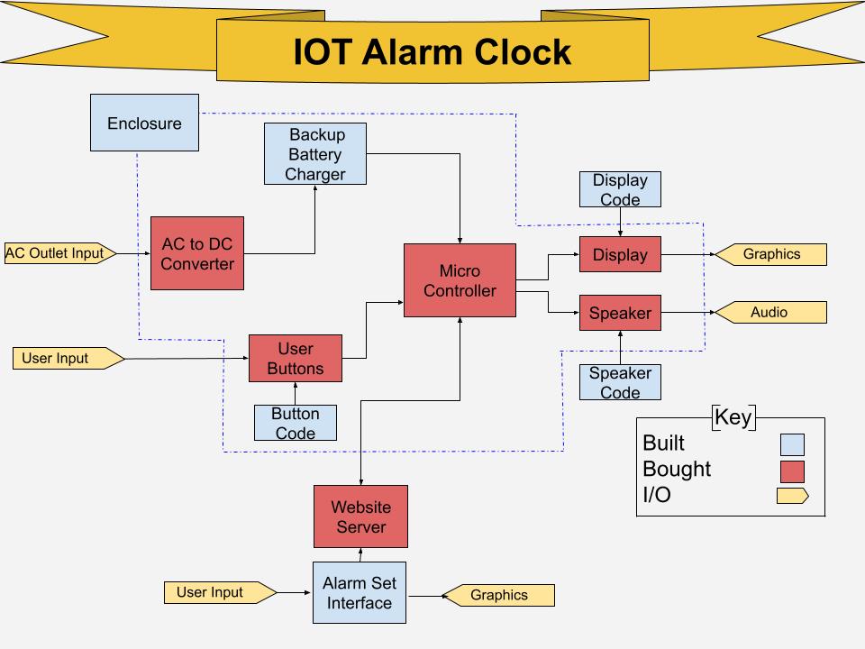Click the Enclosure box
[x=144, y=123]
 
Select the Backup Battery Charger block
[x=315, y=153]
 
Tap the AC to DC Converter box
[x=197, y=253]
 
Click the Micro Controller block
[x=460, y=280]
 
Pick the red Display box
[x=620, y=254]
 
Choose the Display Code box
[x=620, y=189]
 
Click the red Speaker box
[x=620, y=313]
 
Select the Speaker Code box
[x=620, y=382]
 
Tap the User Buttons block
[x=296, y=358]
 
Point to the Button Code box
[x=296, y=423]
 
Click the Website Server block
[x=360, y=516]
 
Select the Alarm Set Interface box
[x=360, y=593]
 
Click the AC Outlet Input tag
[x=60, y=253]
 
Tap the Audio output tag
[x=770, y=313]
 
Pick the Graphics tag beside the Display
[x=770, y=254]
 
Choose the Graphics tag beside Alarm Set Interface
[x=498, y=596]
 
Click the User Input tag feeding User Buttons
[x=68, y=358]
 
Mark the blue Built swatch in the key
[x=792, y=444]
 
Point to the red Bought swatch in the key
[x=792, y=471]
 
